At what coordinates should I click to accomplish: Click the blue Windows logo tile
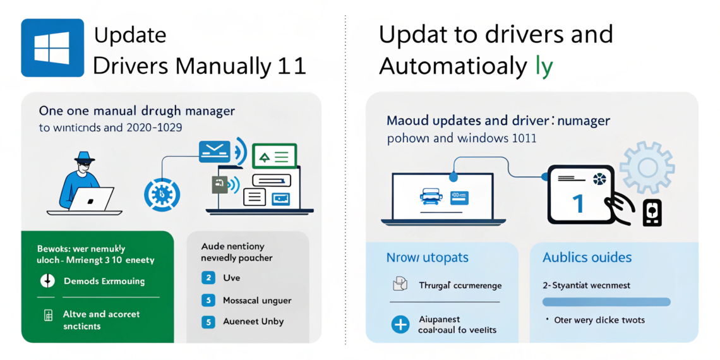(52, 47)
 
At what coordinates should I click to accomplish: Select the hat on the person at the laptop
(84, 157)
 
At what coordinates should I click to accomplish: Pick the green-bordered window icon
(274, 155)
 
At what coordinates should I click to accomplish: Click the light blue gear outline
(647, 167)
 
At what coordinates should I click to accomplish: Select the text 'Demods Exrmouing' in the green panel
(104, 281)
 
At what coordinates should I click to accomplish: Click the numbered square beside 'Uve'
(208, 277)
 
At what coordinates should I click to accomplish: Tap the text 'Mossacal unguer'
(257, 300)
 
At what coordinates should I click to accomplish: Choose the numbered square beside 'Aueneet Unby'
(208, 321)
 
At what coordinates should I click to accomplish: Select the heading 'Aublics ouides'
(587, 258)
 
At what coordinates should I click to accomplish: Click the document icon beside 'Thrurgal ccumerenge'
(399, 285)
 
